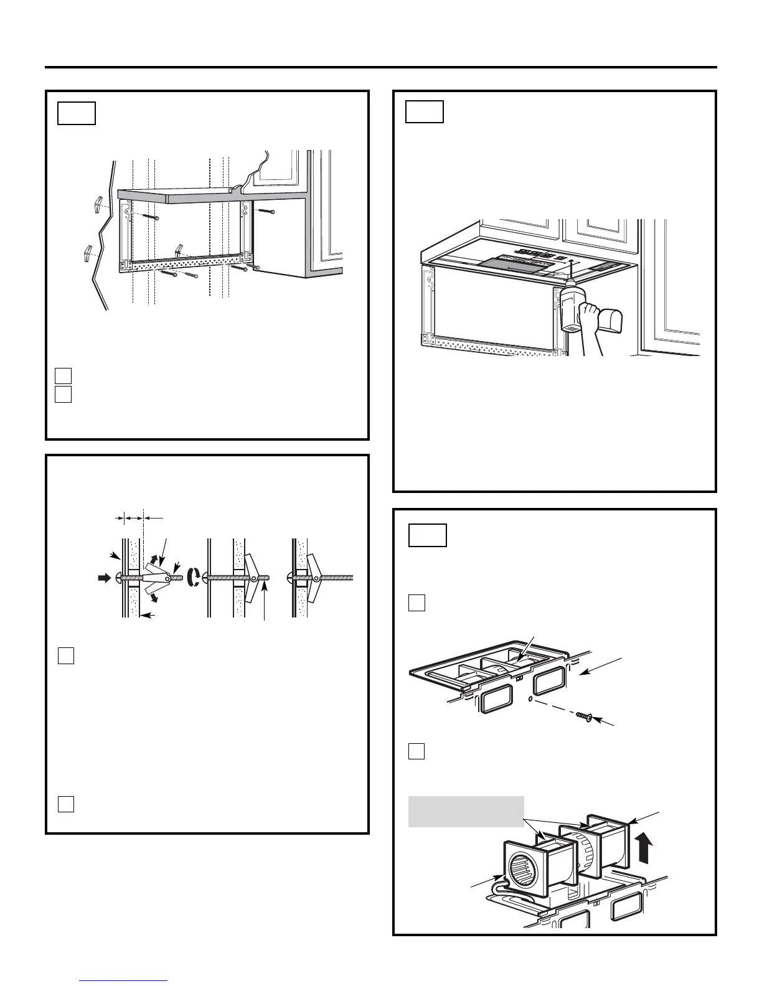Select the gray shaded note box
(466, 811)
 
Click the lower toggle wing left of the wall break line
(87, 254)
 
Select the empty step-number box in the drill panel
(425, 112)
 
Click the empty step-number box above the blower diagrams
(428, 535)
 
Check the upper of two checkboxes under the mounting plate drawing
(63, 375)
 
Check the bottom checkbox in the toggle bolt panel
(66, 804)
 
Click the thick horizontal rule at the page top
(381, 67)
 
